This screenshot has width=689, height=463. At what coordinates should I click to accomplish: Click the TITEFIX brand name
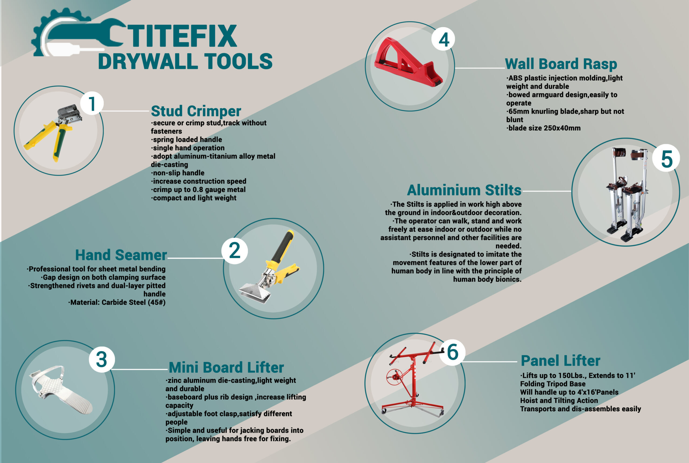(x=182, y=36)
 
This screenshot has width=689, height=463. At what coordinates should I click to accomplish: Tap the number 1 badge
(x=92, y=103)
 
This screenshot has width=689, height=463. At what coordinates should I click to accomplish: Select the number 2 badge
(x=235, y=251)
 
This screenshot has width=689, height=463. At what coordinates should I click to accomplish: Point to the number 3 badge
(x=102, y=359)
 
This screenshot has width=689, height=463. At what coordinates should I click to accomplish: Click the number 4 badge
(x=443, y=39)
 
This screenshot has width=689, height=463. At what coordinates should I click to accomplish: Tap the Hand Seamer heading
(x=121, y=255)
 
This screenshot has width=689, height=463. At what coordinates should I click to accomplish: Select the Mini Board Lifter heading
(x=226, y=367)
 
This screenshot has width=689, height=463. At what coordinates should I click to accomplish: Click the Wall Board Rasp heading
(x=561, y=64)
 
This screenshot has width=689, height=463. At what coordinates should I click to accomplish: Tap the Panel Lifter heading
(x=560, y=360)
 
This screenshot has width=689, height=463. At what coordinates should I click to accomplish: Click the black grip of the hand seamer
(x=283, y=247)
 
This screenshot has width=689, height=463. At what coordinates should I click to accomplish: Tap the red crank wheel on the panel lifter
(x=395, y=377)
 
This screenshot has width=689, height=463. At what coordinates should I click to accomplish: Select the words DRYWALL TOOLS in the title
(x=185, y=61)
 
